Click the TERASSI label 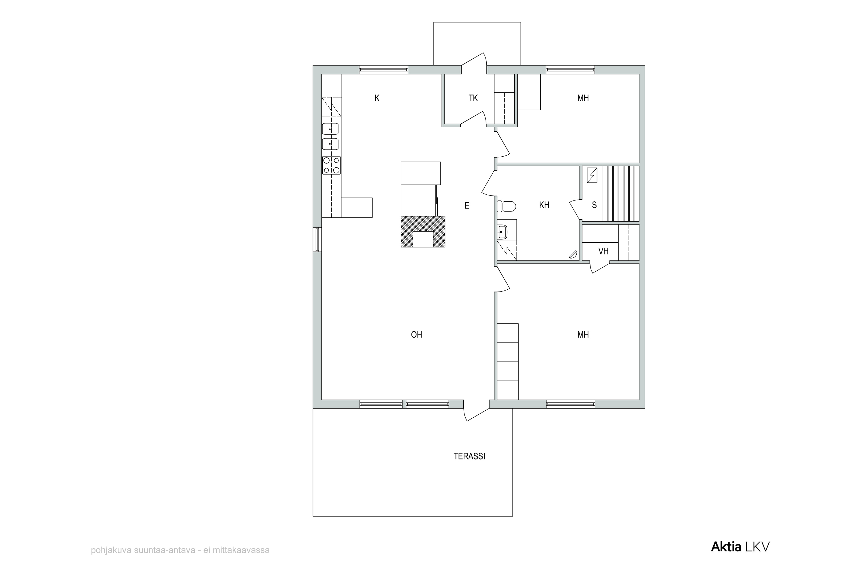coord(469,456)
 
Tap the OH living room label coord(416,334)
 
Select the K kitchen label coord(377,98)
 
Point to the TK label coord(473,98)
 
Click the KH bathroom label coord(544,205)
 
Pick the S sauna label coord(594,205)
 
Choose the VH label coord(603,251)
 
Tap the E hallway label coord(467,205)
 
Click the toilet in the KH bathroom coord(506,207)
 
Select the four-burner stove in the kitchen coord(331,165)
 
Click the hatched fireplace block coord(423,231)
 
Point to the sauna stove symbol coord(592,175)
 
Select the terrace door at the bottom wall coord(477,410)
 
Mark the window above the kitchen coord(383,70)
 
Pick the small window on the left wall coord(317,239)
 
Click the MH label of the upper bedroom coord(583,98)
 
